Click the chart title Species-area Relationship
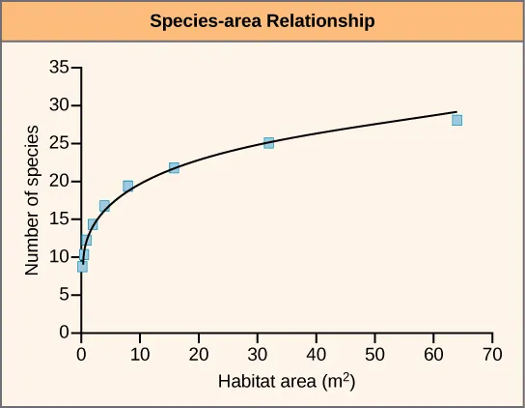(262, 20)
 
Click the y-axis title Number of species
(33, 200)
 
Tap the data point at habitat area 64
(456, 120)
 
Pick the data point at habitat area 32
(268, 143)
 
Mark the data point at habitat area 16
(175, 168)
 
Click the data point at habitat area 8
(127, 186)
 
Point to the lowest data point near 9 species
(82, 267)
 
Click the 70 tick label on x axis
(492, 352)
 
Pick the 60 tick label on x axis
(433, 352)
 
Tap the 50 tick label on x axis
(374, 352)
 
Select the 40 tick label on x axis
(317, 352)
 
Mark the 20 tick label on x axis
(199, 352)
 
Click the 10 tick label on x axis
(140, 352)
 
